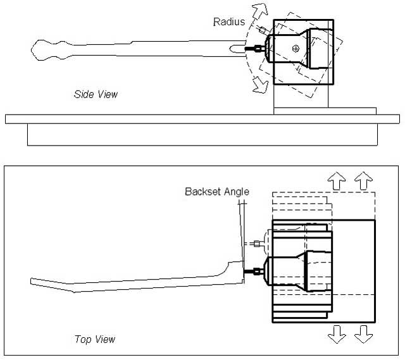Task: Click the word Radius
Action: (228, 22)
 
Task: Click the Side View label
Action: (96, 94)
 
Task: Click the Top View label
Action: (95, 340)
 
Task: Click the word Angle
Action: (237, 192)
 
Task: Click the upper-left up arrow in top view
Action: (337, 181)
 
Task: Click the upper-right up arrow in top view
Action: (363, 181)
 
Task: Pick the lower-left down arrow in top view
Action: (337, 333)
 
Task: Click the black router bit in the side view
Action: (257, 48)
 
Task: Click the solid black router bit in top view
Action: (257, 272)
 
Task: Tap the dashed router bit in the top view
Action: (257, 242)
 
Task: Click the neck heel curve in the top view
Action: (231, 265)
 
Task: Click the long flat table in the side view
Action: (202, 118)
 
